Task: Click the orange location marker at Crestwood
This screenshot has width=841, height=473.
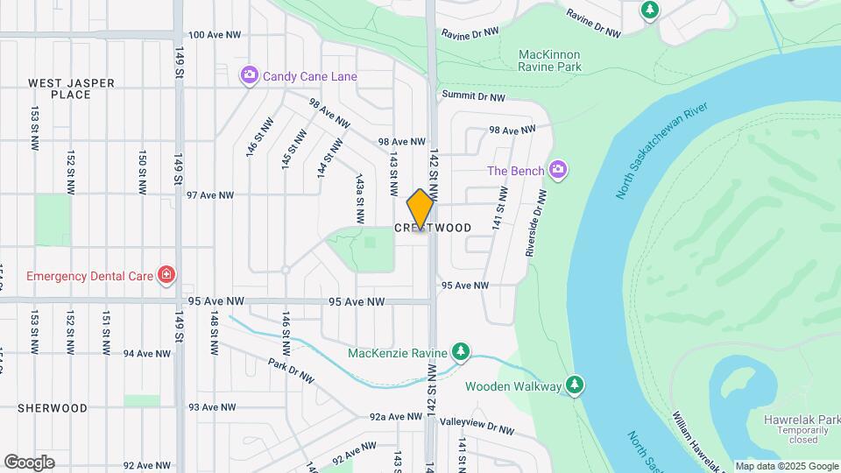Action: [420, 209]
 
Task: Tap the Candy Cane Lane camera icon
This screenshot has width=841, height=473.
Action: [250, 76]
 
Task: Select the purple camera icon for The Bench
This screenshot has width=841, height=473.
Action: [558, 170]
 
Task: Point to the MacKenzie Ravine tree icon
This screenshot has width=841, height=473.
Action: [460, 353]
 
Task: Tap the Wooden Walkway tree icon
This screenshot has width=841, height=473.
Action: [574, 385]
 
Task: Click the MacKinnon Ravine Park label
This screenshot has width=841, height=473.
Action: [549, 60]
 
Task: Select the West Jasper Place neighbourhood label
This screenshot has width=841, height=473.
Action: [71, 88]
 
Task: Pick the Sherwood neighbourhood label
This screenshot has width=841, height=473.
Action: [53, 408]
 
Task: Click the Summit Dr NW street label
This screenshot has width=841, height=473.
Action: [474, 95]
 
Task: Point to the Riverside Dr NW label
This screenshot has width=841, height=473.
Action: [534, 223]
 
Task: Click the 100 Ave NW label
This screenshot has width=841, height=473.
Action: [214, 35]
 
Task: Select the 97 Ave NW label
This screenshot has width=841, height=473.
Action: [210, 195]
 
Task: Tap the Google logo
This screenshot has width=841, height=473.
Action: [29, 462]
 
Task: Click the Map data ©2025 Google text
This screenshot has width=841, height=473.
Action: [786, 466]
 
